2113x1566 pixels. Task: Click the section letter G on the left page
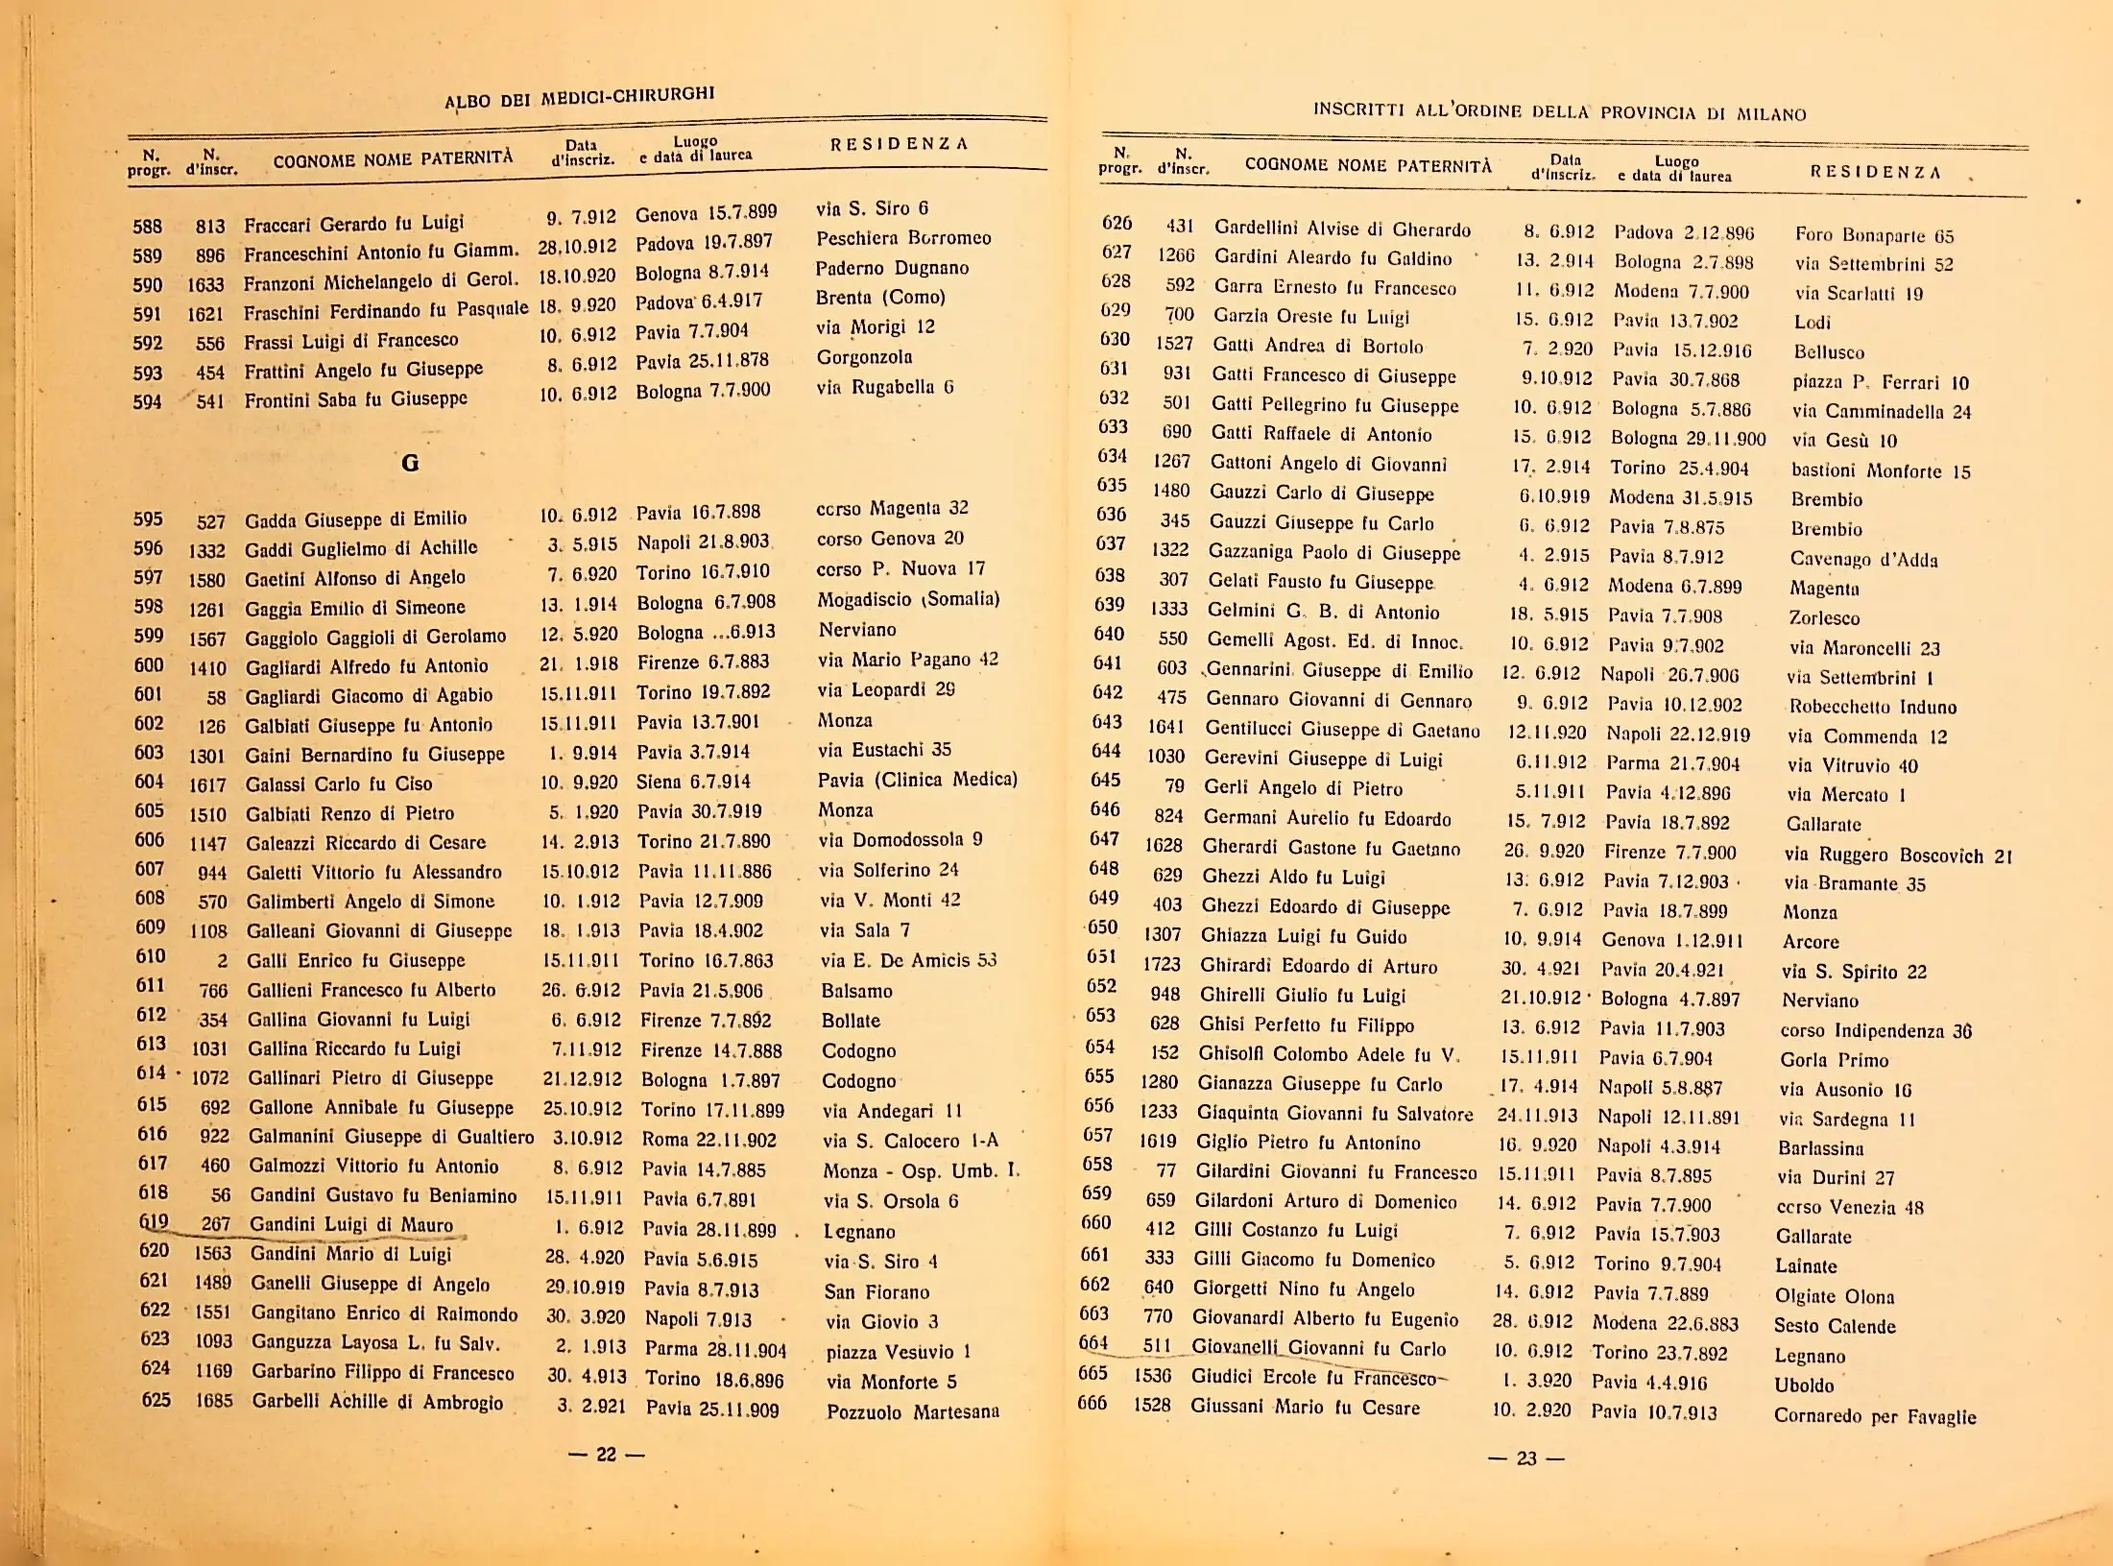410,463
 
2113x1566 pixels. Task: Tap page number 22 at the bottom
606,1455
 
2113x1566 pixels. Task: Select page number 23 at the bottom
1525,1458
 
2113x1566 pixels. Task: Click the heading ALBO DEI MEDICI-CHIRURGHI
579,97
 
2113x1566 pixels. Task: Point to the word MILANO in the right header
1771,114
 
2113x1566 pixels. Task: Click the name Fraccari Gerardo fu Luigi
353,225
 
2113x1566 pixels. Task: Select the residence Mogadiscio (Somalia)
908,599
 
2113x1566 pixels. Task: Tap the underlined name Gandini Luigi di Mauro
351,1225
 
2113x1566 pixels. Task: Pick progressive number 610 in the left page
151,956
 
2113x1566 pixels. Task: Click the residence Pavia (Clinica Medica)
918,780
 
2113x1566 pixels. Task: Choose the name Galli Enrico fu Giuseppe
356,960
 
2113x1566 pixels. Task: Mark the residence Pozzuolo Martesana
913,1411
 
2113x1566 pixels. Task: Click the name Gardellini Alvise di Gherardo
1342,229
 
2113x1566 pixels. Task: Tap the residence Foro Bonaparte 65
1874,236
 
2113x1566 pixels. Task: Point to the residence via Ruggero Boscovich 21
1898,855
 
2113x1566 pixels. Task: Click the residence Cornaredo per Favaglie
1875,1416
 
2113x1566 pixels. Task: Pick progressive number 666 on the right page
1092,1403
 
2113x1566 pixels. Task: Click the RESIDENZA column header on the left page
899,144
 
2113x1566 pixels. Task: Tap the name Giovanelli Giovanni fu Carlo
1318,1348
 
